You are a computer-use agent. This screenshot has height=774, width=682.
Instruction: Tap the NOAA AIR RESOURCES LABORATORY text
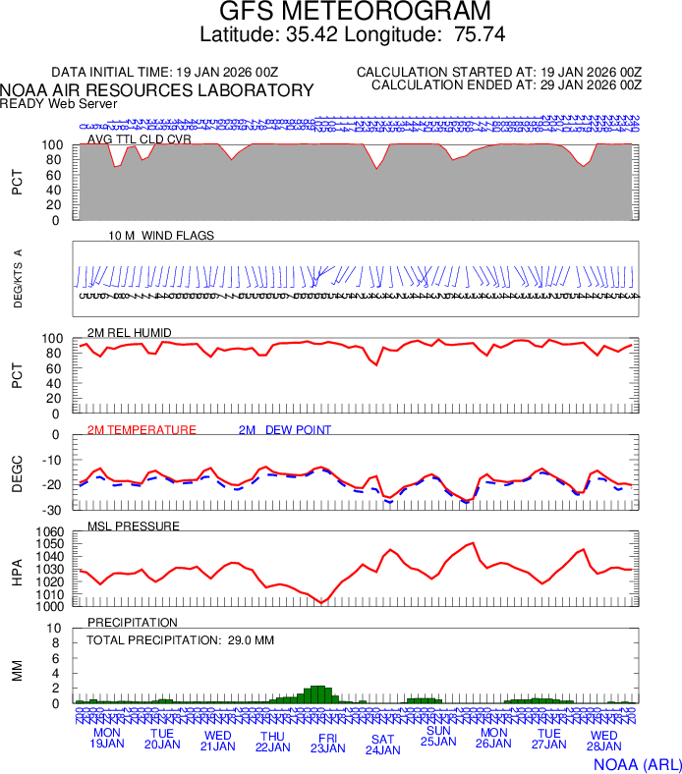pyautogui.click(x=157, y=90)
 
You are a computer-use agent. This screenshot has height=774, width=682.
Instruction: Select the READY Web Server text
pyautogui.click(x=59, y=103)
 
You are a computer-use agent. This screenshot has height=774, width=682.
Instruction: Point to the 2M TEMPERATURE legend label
pyautogui.click(x=142, y=430)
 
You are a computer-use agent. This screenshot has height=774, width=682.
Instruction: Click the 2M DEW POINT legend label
pyautogui.click(x=284, y=430)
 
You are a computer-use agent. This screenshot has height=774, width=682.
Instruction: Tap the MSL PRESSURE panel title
pyautogui.click(x=133, y=526)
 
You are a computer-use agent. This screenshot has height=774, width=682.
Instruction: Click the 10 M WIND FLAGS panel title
pyautogui.click(x=161, y=236)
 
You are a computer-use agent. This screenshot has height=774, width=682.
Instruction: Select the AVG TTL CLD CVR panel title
pyautogui.click(x=139, y=139)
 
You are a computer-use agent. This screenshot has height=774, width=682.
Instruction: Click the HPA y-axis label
pyautogui.click(x=17, y=570)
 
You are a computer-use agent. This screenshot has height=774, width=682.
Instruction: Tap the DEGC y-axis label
pyautogui.click(x=17, y=472)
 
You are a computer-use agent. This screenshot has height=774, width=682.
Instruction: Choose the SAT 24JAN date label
pyautogui.click(x=382, y=745)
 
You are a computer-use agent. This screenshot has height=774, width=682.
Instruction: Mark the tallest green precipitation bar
pyautogui.click(x=316, y=693)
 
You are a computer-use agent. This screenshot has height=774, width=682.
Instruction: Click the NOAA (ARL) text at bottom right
pyautogui.click(x=638, y=763)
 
